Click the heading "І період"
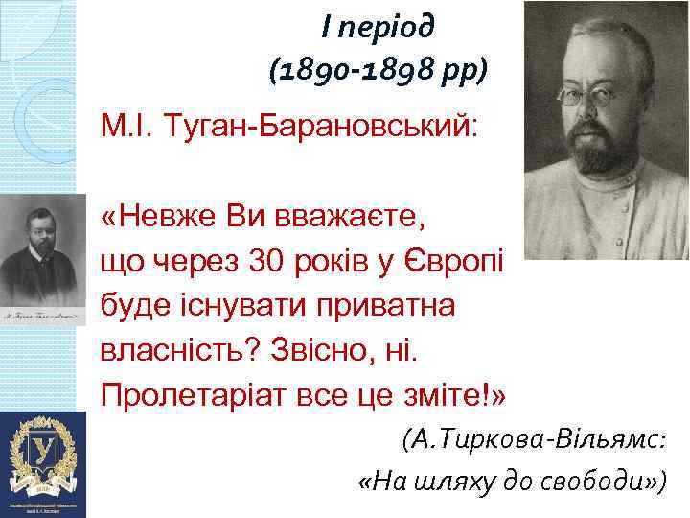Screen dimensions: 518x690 point(378,27)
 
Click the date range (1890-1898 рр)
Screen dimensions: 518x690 point(378,70)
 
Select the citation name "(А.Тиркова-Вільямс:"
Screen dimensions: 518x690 point(533,440)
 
